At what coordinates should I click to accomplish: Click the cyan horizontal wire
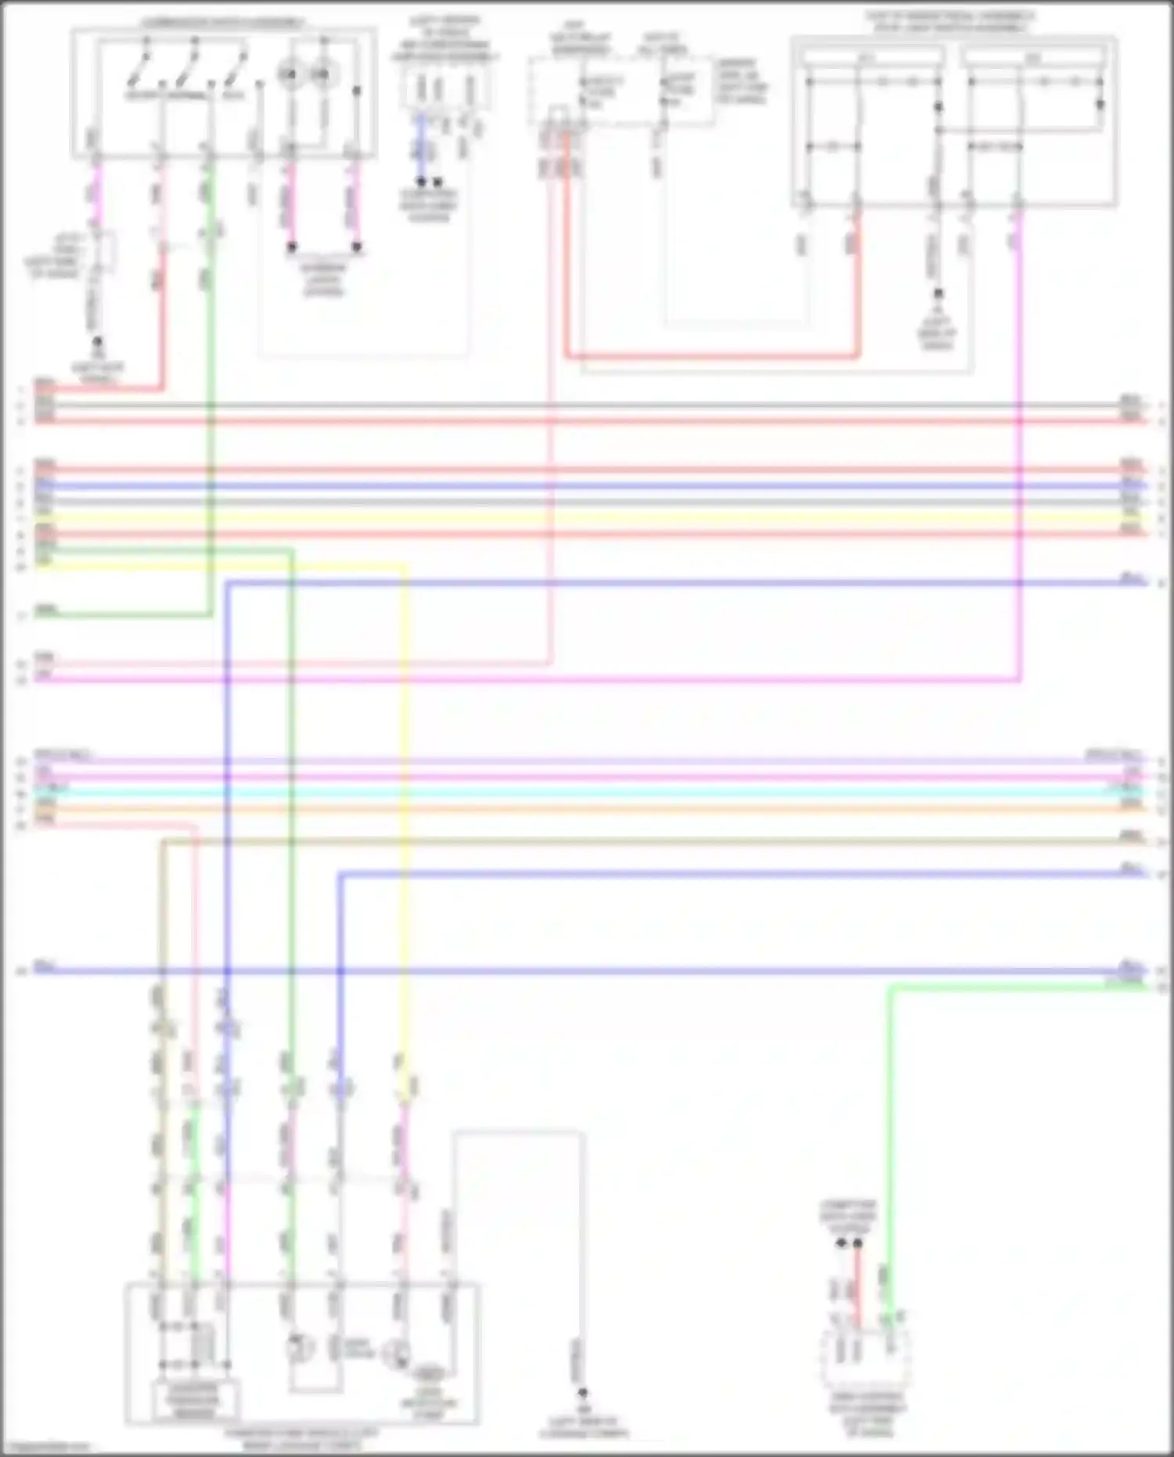click(587, 793)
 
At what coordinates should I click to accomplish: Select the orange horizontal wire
click(587, 808)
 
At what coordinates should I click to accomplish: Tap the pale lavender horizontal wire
click(587, 761)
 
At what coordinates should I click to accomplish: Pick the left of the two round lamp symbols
click(290, 74)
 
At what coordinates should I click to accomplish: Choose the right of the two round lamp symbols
click(321, 74)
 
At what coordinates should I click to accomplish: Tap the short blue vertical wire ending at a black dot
click(421, 149)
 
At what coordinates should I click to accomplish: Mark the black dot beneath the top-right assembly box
click(938, 294)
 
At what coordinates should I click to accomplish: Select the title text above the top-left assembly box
click(223, 23)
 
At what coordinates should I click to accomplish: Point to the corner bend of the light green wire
click(891, 988)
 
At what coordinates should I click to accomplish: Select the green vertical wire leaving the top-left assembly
click(210, 391)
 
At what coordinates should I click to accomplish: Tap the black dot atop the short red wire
click(858, 1243)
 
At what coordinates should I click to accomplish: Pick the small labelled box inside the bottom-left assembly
click(193, 1401)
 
